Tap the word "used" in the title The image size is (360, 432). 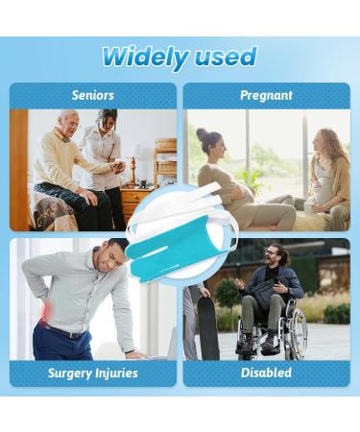(222, 57)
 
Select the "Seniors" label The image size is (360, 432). (93, 96)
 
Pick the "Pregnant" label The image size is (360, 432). (266, 96)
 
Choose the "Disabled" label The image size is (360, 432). (266, 372)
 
